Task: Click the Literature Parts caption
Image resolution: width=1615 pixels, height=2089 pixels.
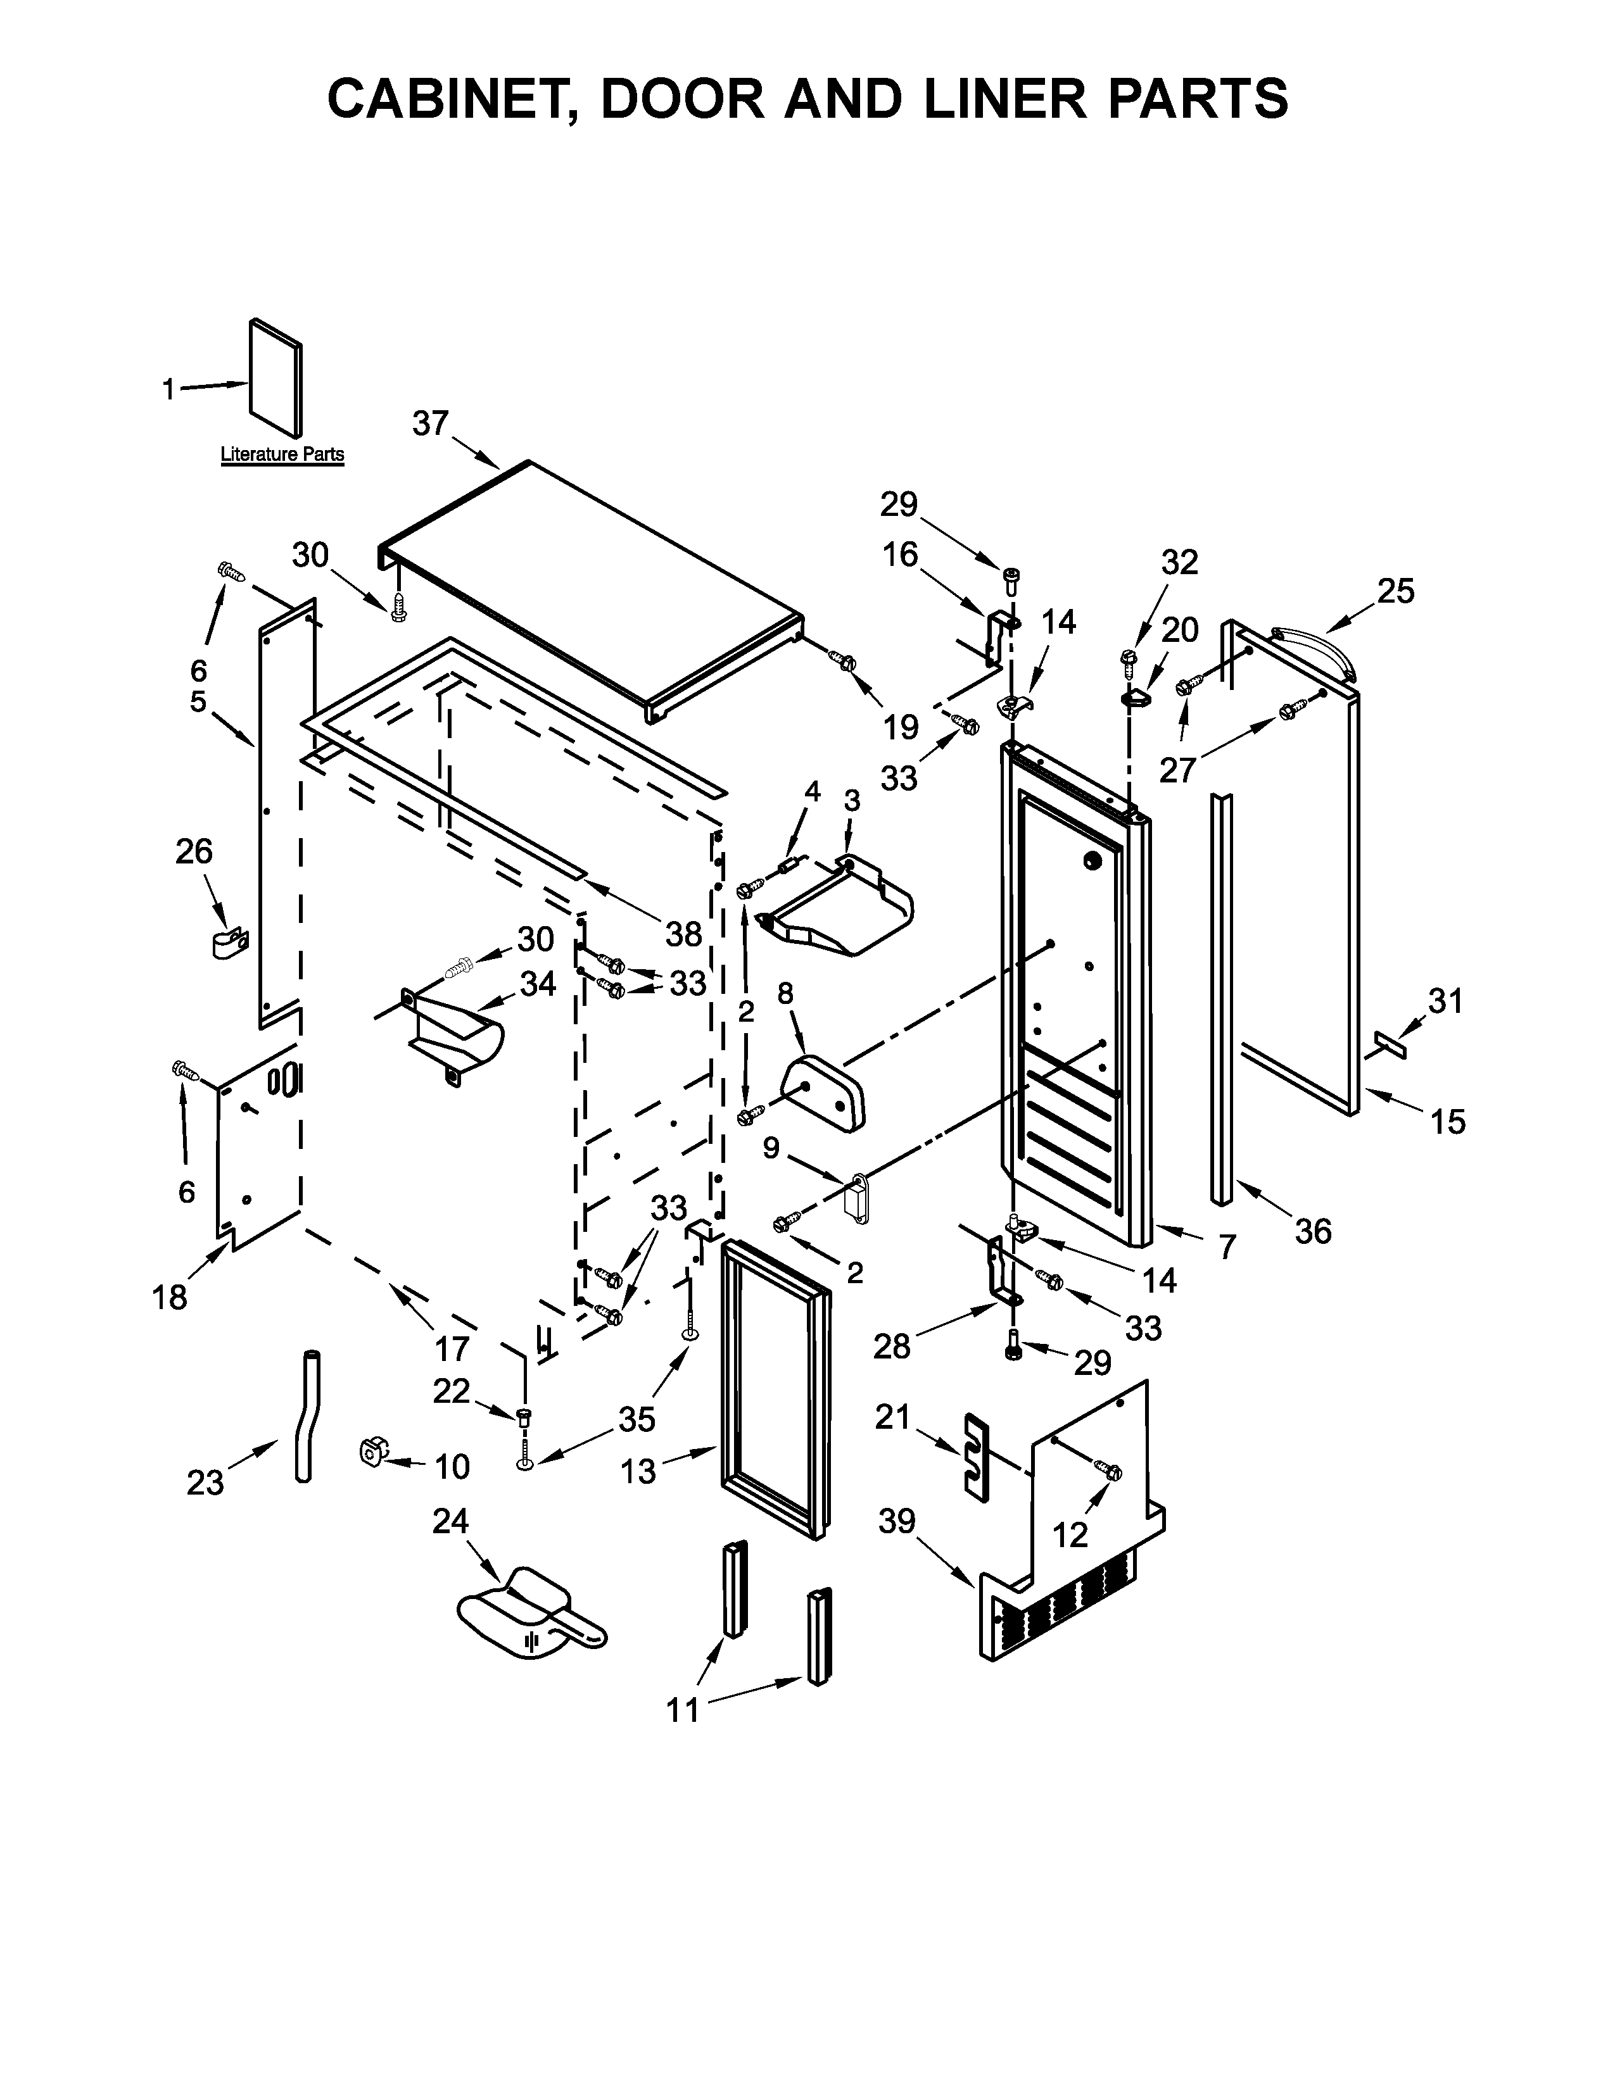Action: [x=282, y=455]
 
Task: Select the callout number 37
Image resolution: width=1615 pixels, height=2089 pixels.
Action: [x=431, y=423]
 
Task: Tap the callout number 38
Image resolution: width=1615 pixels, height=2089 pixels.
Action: [x=683, y=934]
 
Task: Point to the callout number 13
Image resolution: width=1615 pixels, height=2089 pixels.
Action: [x=638, y=1472]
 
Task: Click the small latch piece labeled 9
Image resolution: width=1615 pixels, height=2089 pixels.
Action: [x=858, y=1196]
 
